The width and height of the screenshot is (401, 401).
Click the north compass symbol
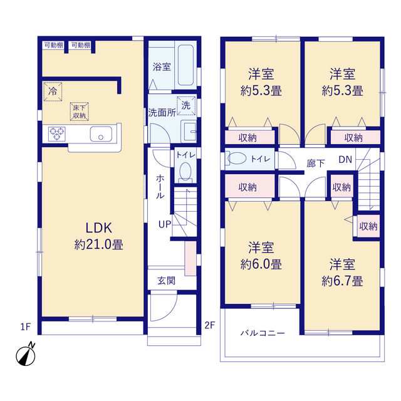tap(26, 355)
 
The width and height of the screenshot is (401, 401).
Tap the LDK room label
tap(99, 228)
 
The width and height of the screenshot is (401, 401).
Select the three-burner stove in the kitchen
tap(57, 134)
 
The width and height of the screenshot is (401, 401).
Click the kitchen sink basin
tap(101, 134)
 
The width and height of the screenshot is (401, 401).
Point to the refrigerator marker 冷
tap(53, 91)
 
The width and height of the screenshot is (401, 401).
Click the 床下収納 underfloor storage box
tap(80, 112)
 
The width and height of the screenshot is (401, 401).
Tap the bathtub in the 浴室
tap(185, 65)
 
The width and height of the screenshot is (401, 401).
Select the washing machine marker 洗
tap(186, 105)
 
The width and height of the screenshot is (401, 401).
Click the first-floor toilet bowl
tap(185, 172)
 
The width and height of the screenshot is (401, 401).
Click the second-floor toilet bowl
tap(237, 159)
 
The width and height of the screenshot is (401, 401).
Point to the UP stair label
tap(165, 224)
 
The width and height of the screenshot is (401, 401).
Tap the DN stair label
tap(345, 160)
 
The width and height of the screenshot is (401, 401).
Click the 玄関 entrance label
tap(166, 281)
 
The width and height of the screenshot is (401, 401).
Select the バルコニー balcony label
tap(263, 333)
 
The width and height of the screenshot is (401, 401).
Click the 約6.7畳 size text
tap(342, 281)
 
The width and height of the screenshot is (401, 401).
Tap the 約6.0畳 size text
tap(261, 264)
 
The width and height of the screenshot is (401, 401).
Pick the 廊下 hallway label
tap(316, 164)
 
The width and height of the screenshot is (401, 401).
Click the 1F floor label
tap(26, 326)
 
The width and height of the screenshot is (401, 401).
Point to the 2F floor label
tap(210, 325)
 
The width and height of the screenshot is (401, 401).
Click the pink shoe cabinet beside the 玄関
tap(190, 258)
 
